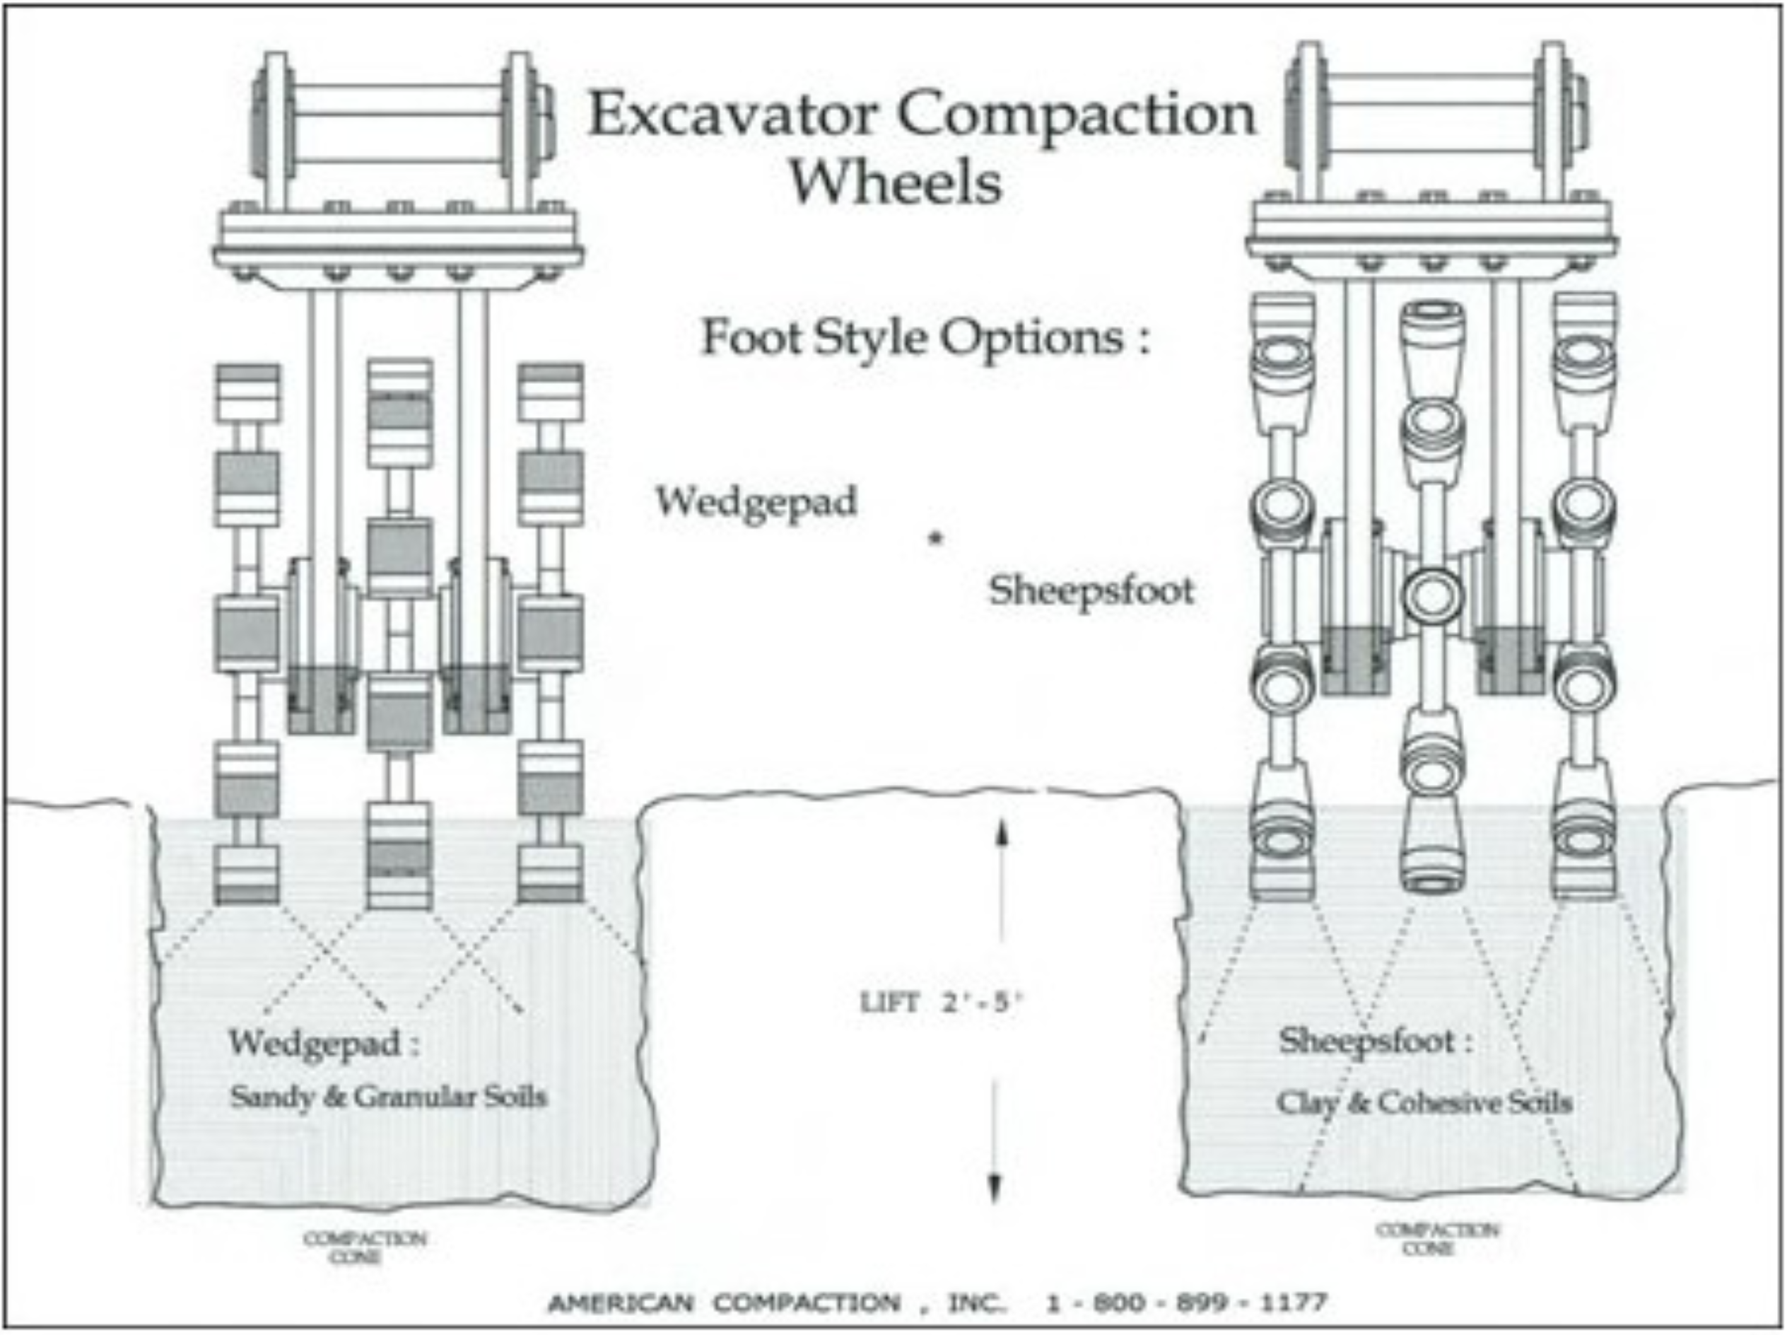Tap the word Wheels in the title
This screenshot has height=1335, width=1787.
click(895, 182)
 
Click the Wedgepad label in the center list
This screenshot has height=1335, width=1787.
click(756, 503)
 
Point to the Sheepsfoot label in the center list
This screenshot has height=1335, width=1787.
click(1091, 590)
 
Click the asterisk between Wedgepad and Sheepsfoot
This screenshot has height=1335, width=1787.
click(935, 537)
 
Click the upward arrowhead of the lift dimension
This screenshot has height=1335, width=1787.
click(1001, 832)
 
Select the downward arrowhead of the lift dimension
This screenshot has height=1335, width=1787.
click(995, 1189)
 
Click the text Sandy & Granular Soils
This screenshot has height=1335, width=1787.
click(389, 1097)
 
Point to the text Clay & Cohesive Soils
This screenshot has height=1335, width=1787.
click(1424, 1102)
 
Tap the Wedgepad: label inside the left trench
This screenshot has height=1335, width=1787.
click(324, 1042)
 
